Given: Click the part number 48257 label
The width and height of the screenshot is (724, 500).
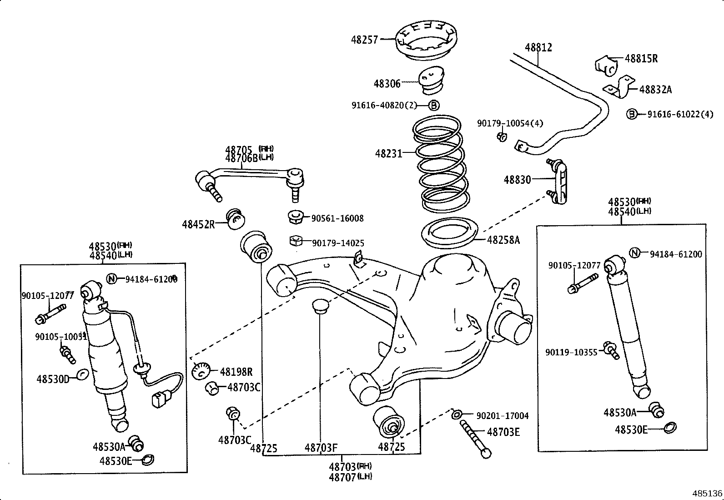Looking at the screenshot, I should pyautogui.click(x=364, y=40).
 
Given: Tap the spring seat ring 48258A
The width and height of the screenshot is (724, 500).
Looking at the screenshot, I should pyautogui.click(x=451, y=234).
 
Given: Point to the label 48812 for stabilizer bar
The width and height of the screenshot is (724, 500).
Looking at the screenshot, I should pyautogui.click(x=538, y=47).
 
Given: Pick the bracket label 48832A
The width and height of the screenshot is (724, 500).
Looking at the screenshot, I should pyautogui.click(x=655, y=90).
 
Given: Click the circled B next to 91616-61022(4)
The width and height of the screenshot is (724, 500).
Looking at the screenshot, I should pyautogui.click(x=632, y=114).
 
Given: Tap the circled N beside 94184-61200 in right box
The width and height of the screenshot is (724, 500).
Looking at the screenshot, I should pyautogui.click(x=635, y=253).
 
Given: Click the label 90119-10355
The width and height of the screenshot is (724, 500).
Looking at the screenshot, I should pyautogui.click(x=571, y=352).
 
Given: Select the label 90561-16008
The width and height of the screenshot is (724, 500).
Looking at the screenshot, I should pyautogui.click(x=337, y=218).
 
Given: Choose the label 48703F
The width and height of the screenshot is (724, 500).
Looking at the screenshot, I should pyautogui.click(x=321, y=448).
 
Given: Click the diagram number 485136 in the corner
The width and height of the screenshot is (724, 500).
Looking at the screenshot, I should pyautogui.click(x=707, y=493).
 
